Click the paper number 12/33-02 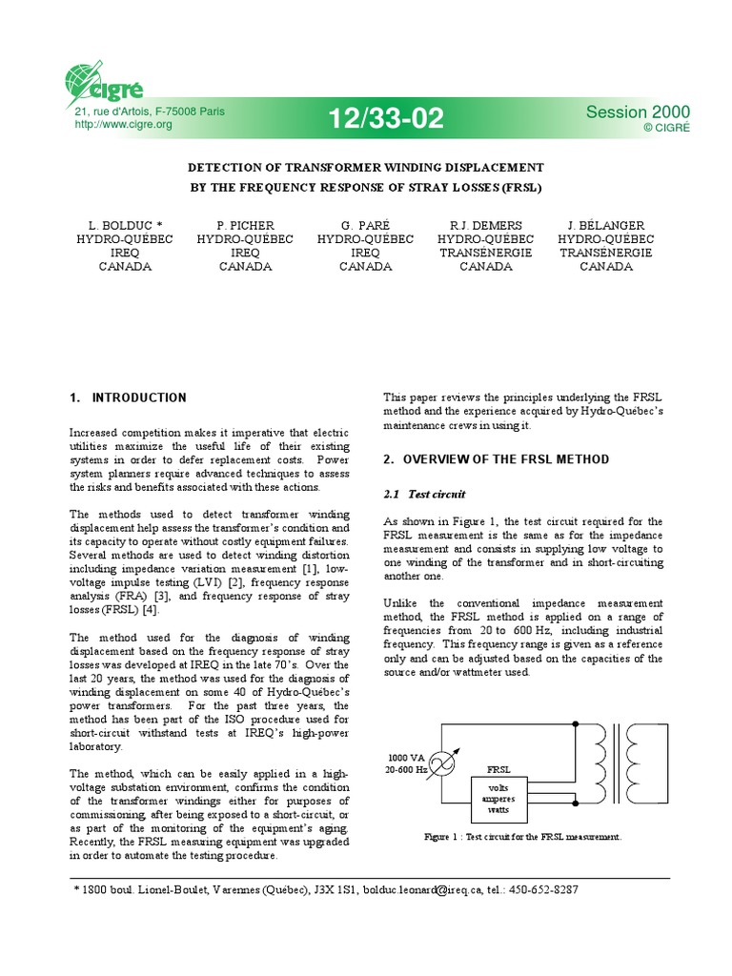(386, 118)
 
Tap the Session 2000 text (638, 112)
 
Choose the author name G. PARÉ (365, 226)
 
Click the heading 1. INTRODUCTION (128, 397)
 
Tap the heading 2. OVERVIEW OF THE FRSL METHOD (496, 459)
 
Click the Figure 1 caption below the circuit (522, 837)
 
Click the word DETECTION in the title (234, 166)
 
